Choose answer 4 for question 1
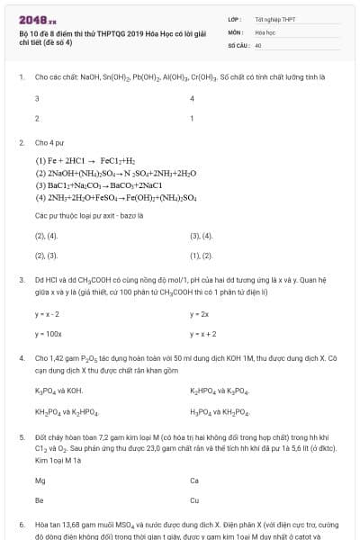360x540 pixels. point(193,98)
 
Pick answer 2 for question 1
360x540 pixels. point(37,118)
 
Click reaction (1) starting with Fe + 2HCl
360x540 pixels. point(92,160)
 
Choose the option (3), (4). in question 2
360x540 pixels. point(202,236)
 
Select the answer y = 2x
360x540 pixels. point(200,314)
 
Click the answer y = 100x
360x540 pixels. point(48,334)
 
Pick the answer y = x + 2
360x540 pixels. point(203,334)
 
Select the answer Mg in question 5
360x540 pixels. point(40,480)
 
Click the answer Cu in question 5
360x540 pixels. point(194,499)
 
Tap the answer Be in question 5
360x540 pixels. point(39,499)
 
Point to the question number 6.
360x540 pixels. point(21,523)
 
